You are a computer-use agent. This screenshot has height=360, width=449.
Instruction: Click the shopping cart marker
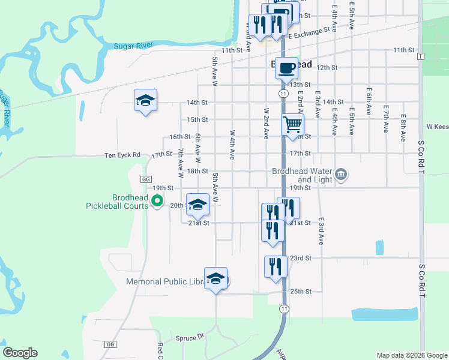(292, 125)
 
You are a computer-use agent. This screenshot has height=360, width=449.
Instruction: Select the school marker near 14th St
(145, 101)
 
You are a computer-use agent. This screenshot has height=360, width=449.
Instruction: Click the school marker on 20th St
(197, 205)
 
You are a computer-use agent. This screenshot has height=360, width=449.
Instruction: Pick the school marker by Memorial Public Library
(215, 279)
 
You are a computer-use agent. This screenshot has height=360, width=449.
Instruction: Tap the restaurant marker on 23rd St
(276, 266)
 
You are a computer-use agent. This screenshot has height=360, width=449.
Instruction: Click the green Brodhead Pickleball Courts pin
(157, 202)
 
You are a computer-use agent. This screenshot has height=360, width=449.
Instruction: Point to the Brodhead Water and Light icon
(341, 175)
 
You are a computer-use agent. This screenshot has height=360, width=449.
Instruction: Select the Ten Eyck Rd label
(122, 155)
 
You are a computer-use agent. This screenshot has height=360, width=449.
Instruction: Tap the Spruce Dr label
(190, 338)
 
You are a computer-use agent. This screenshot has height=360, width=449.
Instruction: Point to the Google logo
(20, 353)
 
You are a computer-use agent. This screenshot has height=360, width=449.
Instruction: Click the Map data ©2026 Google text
(411, 355)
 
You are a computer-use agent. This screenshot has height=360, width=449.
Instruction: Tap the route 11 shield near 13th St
(282, 94)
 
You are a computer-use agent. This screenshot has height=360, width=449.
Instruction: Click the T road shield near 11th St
(421, 56)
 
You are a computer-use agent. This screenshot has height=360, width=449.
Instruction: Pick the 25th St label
(300, 292)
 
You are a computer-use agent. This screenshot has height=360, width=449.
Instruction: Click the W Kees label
(437, 127)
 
